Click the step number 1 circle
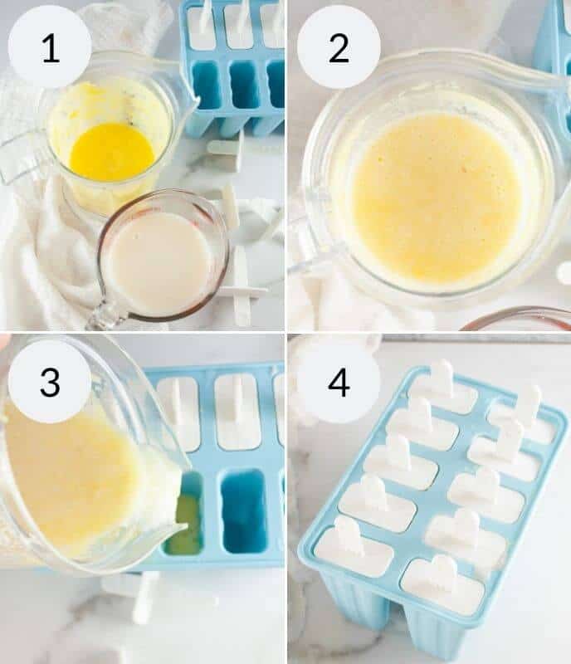tap(50, 47)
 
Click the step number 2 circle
tap(339, 47)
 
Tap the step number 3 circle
tap(50, 382)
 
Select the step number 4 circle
tap(339, 382)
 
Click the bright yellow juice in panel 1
tap(111, 152)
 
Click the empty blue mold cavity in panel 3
tap(243, 510)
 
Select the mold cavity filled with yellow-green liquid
tap(186, 523)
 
